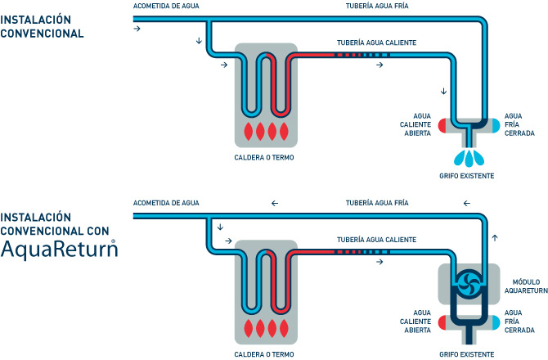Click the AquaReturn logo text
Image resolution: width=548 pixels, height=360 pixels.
point(59,249)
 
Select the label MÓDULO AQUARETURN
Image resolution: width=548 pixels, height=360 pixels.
point(526,286)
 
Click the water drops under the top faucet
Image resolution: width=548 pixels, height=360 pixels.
point(469,158)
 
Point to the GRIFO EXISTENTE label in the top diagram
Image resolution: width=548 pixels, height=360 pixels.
point(466,176)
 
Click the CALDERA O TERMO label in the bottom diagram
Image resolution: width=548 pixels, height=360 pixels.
point(264,354)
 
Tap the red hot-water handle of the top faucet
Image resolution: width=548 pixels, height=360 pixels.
point(442,125)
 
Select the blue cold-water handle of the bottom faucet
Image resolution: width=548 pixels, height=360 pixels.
point(496,322)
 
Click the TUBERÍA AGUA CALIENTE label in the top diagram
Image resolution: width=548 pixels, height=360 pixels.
point(376,43)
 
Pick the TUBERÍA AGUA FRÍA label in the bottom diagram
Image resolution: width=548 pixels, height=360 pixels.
point(377,203)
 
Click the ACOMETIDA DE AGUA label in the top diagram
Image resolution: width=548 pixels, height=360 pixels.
point(166,6)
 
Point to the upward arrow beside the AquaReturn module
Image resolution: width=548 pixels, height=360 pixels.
point(495,238)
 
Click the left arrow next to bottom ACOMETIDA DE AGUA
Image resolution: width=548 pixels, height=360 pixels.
point(275,203)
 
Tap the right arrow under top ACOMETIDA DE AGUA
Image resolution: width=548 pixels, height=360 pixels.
point(137,29)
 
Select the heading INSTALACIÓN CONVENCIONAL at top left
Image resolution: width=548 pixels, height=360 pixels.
point(42,26)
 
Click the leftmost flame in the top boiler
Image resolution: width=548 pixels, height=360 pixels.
point(248,132)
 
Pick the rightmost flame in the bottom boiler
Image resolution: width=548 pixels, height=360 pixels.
point(284,328)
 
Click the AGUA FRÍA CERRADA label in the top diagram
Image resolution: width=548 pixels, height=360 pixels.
point(519,124)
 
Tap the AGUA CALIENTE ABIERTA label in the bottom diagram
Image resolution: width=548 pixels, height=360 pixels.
point(415,322)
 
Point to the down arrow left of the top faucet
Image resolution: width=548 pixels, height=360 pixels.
point(443,91)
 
